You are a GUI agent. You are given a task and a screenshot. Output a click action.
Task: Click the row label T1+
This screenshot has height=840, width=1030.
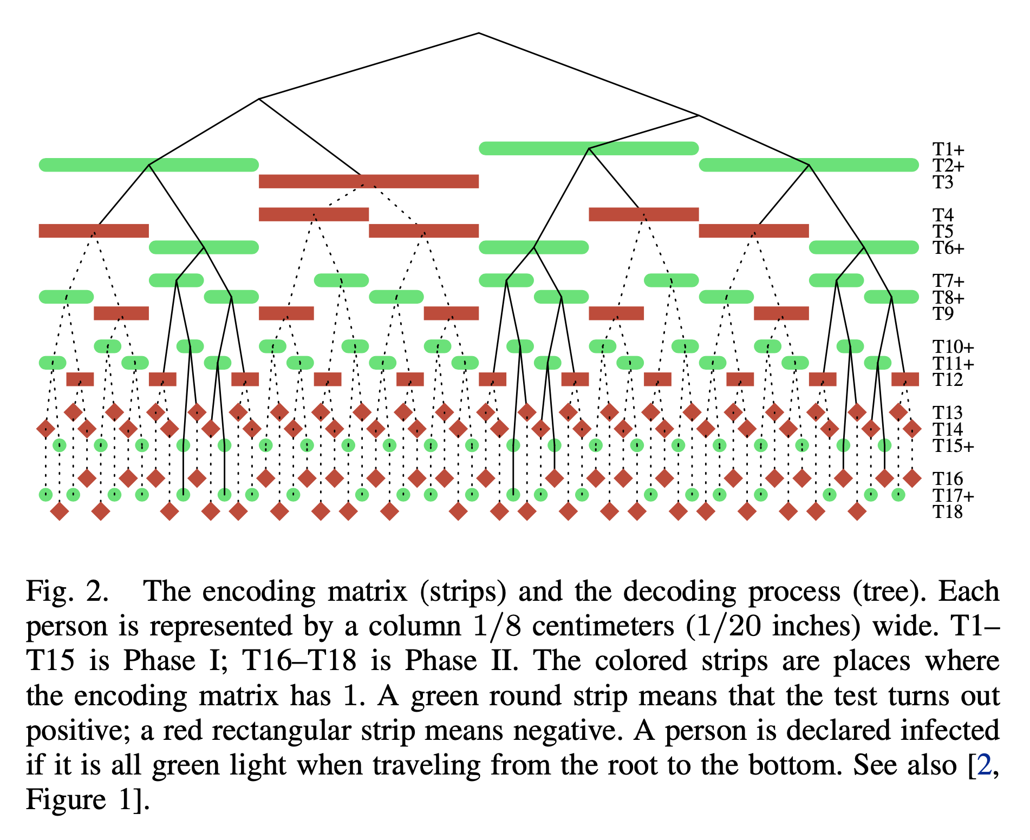tap(948, 149)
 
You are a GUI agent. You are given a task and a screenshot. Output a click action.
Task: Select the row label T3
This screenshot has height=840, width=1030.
tap(942, 182)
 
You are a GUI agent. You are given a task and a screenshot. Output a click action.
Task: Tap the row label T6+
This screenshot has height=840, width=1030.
tap(948, 248)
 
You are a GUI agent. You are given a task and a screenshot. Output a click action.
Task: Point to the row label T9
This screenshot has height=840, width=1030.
tap(942, 314)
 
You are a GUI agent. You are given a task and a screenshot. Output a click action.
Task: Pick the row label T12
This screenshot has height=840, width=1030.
tap(947, 380)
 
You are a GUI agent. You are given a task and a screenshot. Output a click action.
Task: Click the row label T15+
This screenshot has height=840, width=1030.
tap(953, 446)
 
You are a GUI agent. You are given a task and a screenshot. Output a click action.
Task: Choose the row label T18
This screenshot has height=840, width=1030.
tap(947, 512)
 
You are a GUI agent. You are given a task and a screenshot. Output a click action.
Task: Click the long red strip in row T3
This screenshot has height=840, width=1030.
tap(368, 181)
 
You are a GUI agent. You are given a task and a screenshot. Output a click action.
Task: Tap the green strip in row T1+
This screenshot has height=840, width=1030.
tap(589, 148)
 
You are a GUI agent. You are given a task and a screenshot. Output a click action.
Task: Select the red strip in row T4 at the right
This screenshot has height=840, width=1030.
tap(643, 214)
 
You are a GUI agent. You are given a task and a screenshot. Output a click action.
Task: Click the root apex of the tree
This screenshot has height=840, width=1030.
tap(479, 33)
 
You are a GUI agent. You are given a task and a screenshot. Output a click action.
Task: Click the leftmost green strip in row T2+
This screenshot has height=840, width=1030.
tap(148, 165)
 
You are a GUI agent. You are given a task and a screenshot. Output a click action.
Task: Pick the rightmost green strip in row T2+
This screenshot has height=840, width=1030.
tap(809, 165)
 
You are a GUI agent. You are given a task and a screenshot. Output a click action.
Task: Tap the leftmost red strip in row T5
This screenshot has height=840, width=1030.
tap(94, 231)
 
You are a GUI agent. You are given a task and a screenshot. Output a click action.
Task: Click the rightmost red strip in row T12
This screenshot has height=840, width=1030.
tap(905, 379)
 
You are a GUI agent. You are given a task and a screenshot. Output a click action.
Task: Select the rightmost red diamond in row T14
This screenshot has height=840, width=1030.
tap(912, 429)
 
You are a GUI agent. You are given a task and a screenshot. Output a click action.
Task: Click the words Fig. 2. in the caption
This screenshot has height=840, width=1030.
tap(67, 592)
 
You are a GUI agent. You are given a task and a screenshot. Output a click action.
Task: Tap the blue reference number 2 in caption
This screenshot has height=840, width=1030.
tap(984, 765)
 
